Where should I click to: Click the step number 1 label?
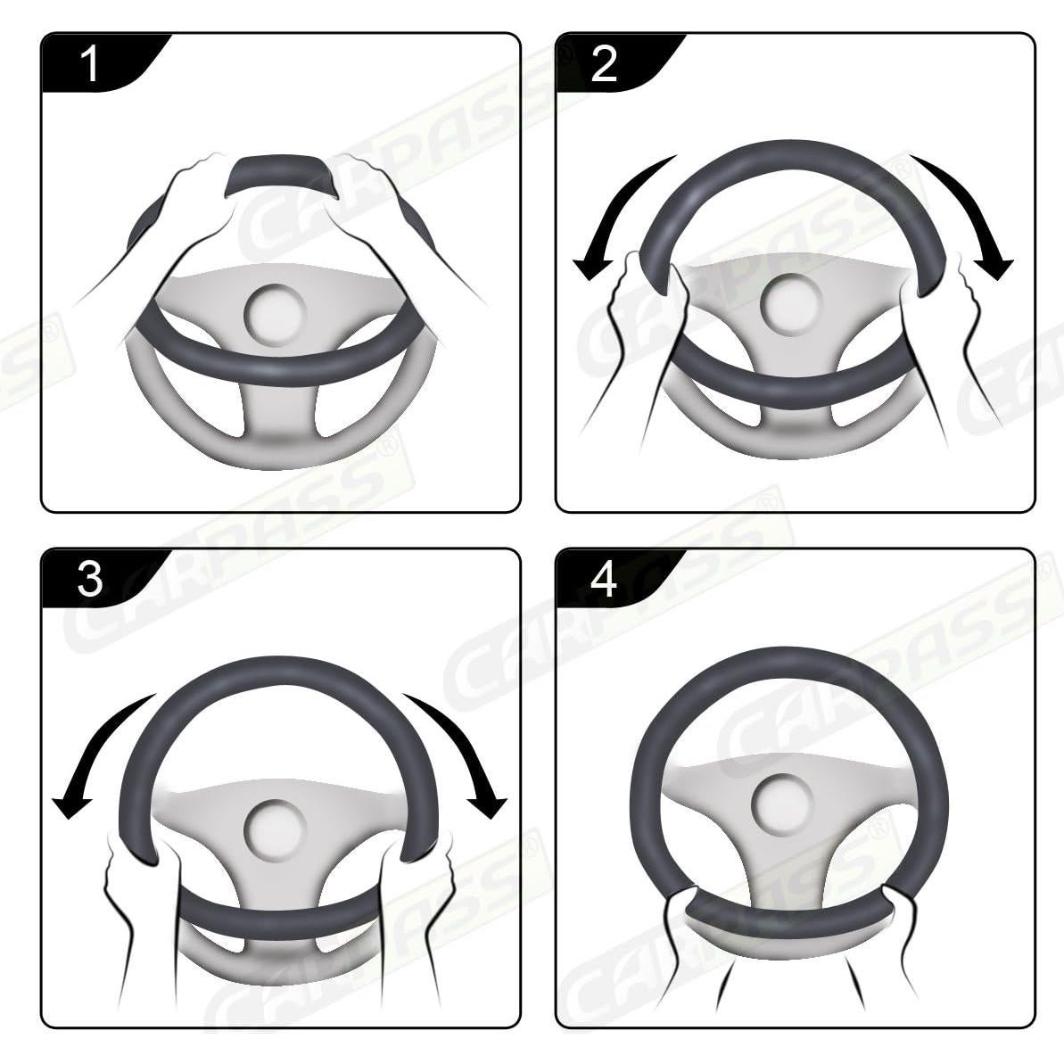pos(90,65)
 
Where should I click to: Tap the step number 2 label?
pos(604,65)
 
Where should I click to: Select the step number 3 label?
pos(90,580)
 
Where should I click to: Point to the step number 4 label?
pos(604,580)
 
